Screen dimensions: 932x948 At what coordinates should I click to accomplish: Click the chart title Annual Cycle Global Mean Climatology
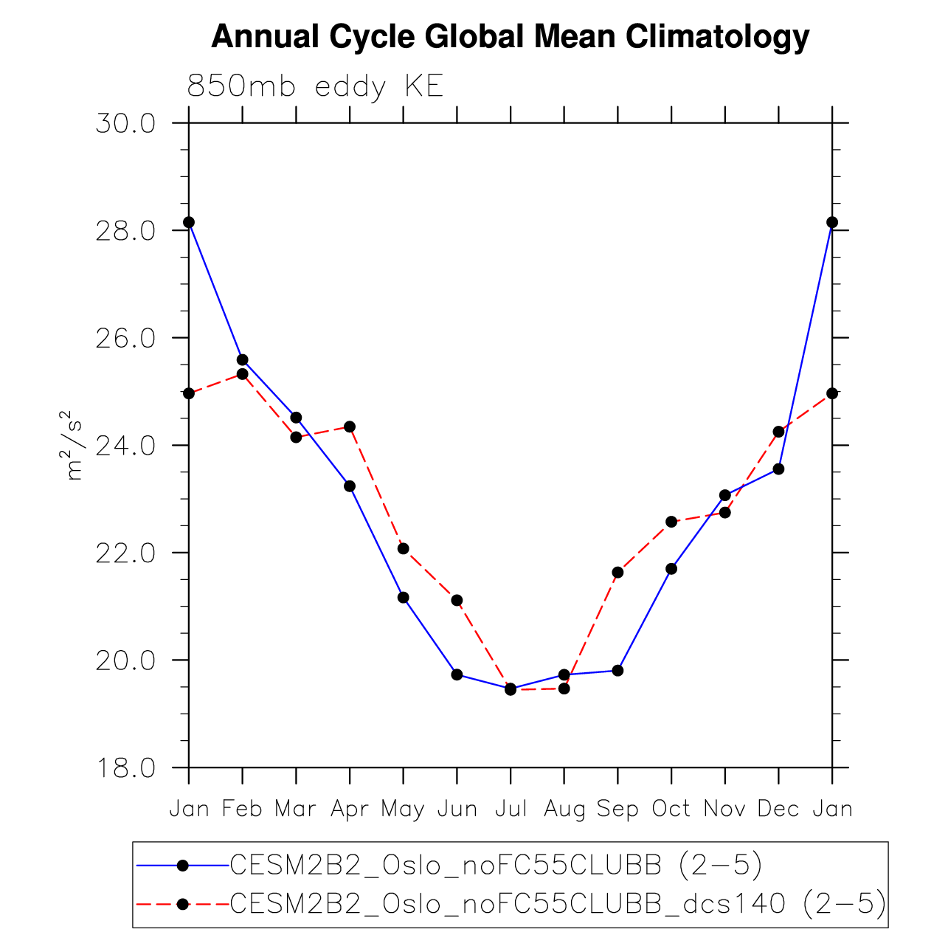[x=510, y=37]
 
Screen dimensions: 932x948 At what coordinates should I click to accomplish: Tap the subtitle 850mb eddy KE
[x=315, y=86]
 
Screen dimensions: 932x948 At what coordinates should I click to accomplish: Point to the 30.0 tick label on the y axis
[x=125, y=123]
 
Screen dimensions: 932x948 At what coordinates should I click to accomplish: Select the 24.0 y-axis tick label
[x=125, y=446]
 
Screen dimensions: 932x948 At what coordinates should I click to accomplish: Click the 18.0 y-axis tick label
[x=125, y=768]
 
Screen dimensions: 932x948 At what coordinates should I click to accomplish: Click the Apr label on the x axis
[x=350, y=810]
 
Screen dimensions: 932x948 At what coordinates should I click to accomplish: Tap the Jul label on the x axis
[x=511, y=810]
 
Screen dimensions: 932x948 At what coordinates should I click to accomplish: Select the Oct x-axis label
[x=671, y=810]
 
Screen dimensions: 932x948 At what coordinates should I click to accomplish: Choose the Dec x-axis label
[x=778, y=810]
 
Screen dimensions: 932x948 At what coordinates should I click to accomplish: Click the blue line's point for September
[x=617, y=671]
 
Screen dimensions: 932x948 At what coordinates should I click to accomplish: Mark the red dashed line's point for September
[x=617, y=573]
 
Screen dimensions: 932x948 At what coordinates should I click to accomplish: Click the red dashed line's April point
[x=350, y=427]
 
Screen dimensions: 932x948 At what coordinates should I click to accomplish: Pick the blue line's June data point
[x=457, y=674]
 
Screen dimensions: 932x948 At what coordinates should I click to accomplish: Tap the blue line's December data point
[x=778, y=469]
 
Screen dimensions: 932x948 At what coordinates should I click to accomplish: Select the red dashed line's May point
[x=403, y=548]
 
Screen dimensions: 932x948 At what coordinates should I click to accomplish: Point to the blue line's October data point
[x=671, y=569]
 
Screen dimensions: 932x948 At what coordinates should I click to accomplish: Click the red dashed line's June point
[x=457, y=600]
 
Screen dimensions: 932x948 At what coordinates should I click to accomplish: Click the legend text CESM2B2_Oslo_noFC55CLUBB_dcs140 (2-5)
[x=558, y=904]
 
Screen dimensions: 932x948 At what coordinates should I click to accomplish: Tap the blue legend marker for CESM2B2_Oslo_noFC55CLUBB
[x=183, y=866]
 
